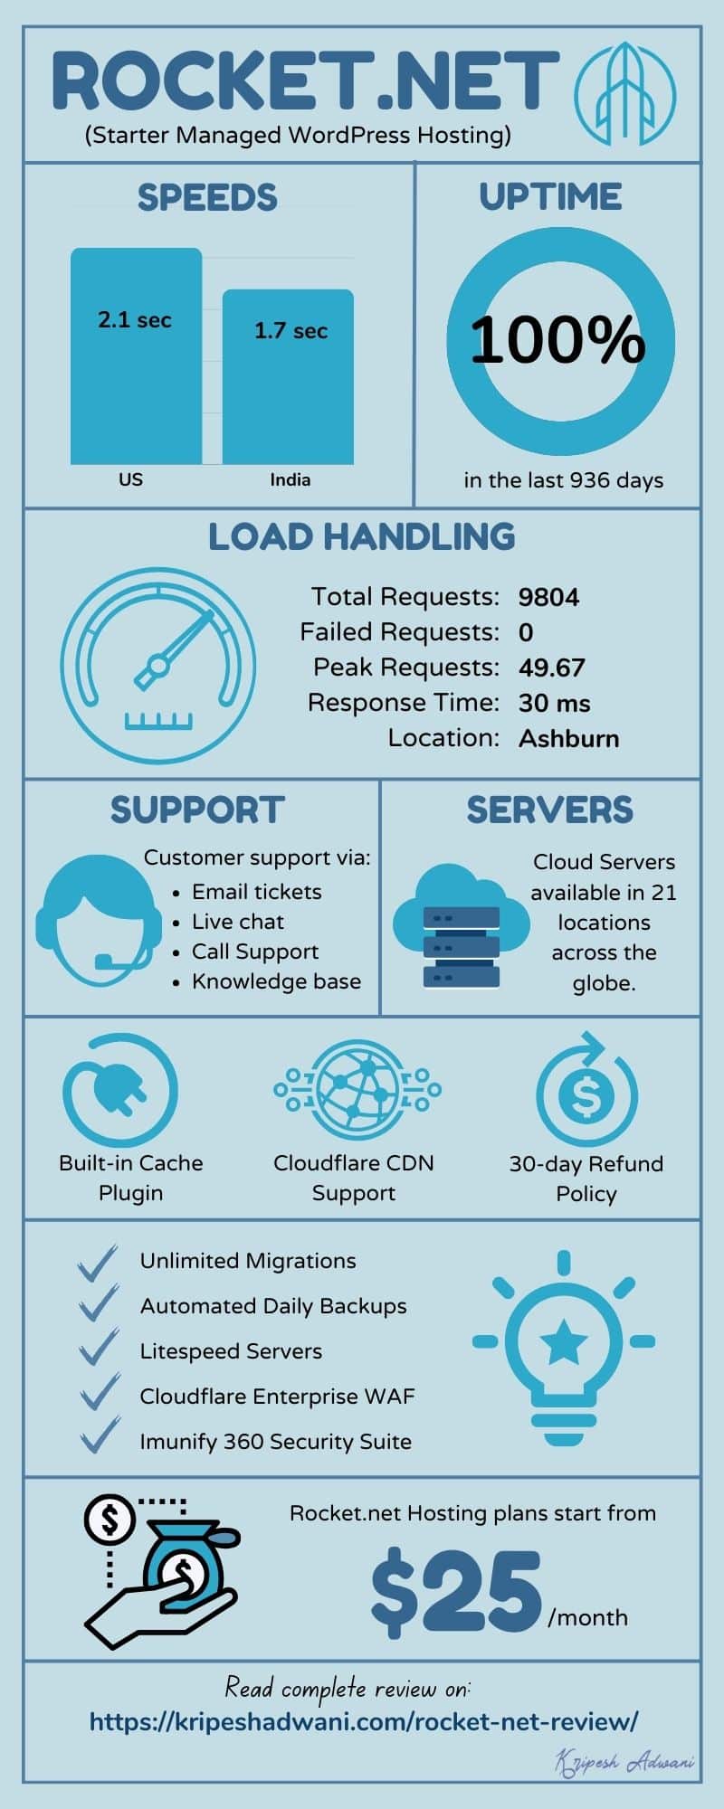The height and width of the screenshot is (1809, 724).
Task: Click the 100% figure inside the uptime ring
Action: (557, 341)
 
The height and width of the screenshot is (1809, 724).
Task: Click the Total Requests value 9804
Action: (548, 597)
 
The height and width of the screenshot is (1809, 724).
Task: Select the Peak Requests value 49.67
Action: (551, 668)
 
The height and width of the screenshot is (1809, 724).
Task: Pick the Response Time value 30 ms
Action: (554, 703)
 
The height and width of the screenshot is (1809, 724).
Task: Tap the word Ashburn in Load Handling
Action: (568, 738)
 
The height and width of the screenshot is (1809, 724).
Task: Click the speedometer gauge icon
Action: (158, 666)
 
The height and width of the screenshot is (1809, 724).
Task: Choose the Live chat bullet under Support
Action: (238, 922)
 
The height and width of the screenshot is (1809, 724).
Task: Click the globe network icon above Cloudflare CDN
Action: (357, 1091)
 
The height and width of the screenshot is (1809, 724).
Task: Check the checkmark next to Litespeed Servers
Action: (99, 1348)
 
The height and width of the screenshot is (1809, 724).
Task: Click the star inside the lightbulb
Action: (563, 1340)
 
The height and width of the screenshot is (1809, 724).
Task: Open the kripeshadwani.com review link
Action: (364, 1720)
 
